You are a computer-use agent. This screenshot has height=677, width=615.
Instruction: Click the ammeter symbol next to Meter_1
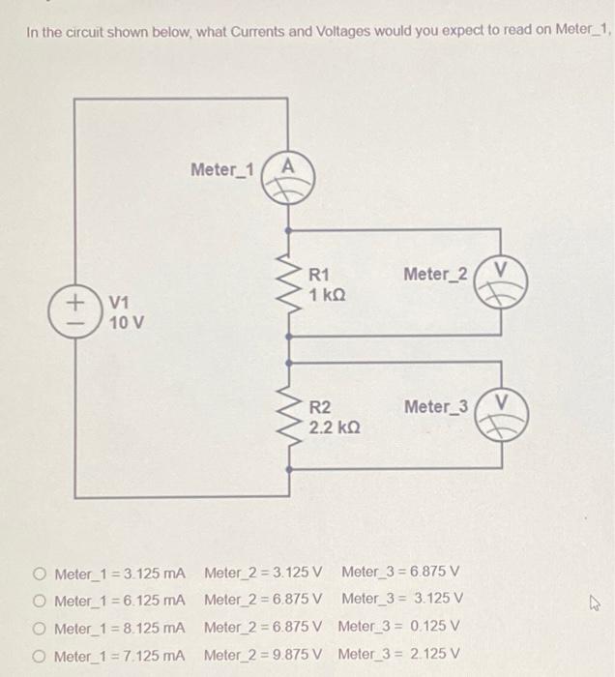pos(288,178)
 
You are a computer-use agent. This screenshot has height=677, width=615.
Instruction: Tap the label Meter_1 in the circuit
pos(221,170)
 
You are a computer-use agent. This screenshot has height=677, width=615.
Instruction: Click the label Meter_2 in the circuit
pos(435,275)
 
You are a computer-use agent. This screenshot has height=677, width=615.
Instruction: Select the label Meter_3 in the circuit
pos(435,406)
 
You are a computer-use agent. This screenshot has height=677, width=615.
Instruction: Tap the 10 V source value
pos(127,323)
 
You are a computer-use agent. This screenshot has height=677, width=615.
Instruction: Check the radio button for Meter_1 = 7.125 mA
pos(38,656)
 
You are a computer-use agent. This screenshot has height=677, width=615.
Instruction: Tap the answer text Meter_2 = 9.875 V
pos(263,656)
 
